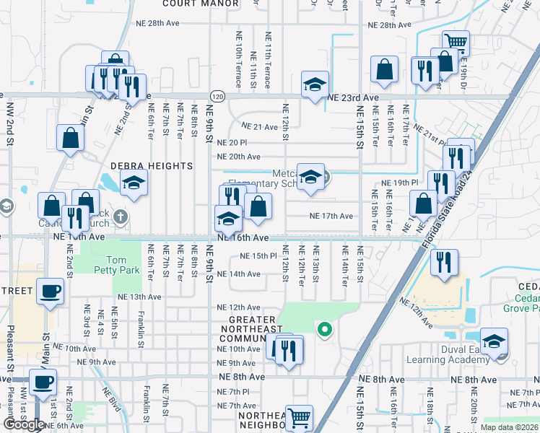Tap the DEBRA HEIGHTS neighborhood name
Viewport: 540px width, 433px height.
point(151,166)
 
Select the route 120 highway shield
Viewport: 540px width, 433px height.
point(217,96)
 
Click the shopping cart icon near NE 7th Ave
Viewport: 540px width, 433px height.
point(299,416)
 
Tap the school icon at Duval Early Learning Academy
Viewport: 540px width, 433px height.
point(495,341)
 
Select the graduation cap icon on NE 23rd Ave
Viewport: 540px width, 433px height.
point(315,84)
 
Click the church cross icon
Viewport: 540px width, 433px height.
point(121,216)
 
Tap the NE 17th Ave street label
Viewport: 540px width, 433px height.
point(331,216)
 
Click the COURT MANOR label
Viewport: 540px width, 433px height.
point(201,4)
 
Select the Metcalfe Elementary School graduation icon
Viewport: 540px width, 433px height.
point(310,177)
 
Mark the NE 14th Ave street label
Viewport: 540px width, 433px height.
point(239,274)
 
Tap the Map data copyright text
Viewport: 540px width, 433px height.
point(508,427)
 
